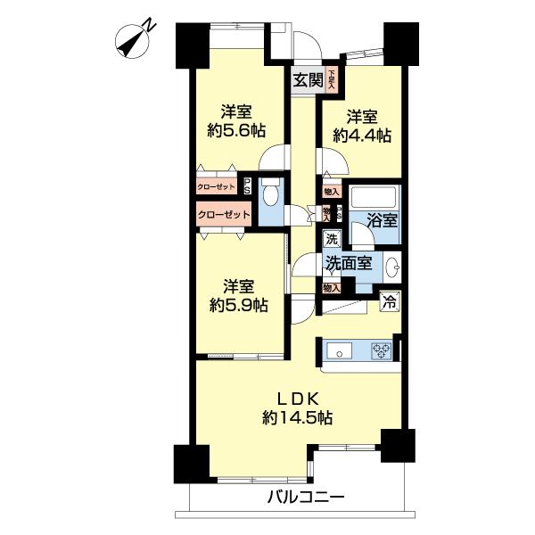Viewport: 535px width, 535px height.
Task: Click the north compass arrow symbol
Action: tap(135, 38)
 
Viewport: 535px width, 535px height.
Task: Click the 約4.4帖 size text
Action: tap(362, 136)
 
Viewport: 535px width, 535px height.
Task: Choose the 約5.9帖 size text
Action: tap(236, 305)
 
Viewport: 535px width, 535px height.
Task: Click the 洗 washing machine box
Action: tap(331, 239)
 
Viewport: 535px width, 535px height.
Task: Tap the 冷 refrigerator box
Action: tap(390, 301)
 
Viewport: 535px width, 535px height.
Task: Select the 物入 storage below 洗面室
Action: tap(331, 288)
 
